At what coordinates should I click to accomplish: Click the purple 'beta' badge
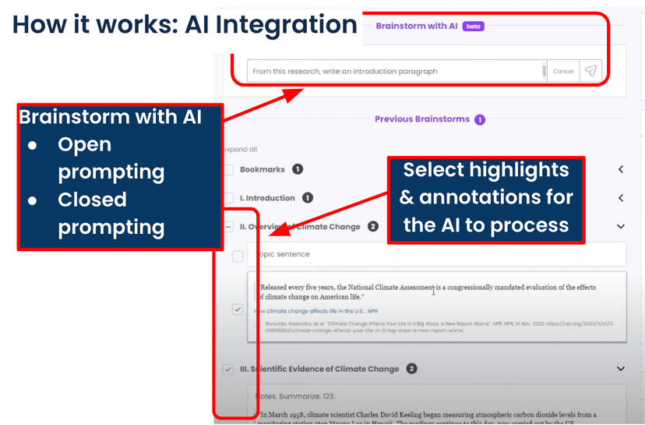473,26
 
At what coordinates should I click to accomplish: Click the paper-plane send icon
590,71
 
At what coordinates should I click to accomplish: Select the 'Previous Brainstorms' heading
421,119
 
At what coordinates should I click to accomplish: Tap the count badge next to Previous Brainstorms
480,119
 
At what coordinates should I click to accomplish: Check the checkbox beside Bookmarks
228,169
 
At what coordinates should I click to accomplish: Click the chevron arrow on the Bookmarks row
621,169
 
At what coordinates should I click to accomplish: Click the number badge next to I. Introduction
307,198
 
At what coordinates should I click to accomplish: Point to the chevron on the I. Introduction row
621,198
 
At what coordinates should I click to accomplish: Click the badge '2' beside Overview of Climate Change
373,227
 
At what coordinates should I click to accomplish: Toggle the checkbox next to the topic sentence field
238,256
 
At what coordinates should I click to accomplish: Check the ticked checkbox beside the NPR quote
238,310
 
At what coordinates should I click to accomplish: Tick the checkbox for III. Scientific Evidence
228,369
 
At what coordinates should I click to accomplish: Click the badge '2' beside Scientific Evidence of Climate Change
411,369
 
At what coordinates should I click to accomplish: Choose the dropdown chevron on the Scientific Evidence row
621,369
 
